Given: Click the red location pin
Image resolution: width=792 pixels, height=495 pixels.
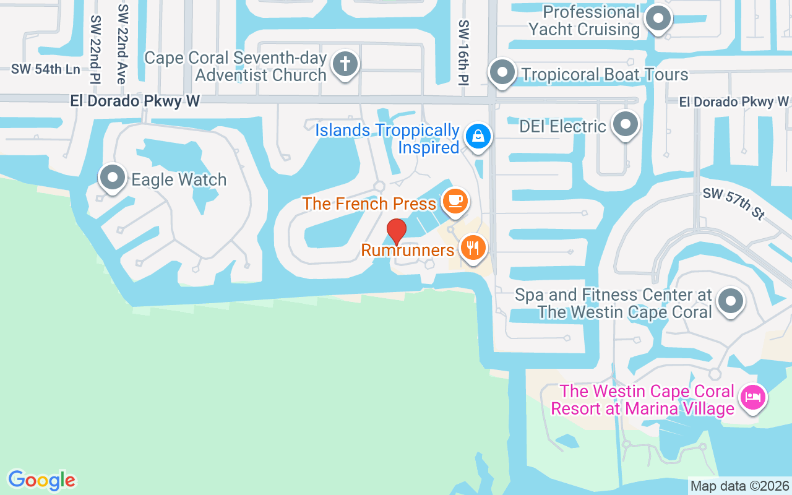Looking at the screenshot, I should click(396, 231).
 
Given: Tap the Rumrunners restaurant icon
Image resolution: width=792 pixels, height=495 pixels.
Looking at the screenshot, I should click(473, 248).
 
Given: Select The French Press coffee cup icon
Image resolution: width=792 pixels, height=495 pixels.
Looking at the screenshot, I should click(455, 200).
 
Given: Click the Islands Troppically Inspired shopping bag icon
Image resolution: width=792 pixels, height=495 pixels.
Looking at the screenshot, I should click(478, 135).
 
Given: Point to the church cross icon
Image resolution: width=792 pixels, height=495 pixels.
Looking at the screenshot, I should click(345, 64).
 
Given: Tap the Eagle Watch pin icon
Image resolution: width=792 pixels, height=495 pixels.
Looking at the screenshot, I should click(113, 178).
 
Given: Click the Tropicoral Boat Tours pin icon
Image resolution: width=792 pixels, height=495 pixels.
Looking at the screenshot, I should click(502, 72).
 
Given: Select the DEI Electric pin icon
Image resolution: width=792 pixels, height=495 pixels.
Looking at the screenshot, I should click(626, 124).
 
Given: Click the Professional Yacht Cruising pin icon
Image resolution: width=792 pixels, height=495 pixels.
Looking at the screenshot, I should click(658, 19).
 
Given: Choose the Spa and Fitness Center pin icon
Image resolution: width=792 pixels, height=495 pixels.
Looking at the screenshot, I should click(731, 301).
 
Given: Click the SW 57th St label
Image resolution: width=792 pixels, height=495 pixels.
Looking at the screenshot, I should click(734, 204).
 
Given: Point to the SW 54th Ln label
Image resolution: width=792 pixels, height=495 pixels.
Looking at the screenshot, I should click(45, 69).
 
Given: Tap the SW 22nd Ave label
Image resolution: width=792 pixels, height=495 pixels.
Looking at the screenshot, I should click(123, 44).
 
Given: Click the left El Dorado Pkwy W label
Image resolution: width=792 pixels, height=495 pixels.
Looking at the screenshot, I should click(135, 101).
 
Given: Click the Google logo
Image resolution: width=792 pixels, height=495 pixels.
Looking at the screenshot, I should click(42, 480).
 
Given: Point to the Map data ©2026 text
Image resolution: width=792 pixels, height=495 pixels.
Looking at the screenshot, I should click(740, 486).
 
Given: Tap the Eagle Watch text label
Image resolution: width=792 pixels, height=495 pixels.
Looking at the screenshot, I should click(179, 180).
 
